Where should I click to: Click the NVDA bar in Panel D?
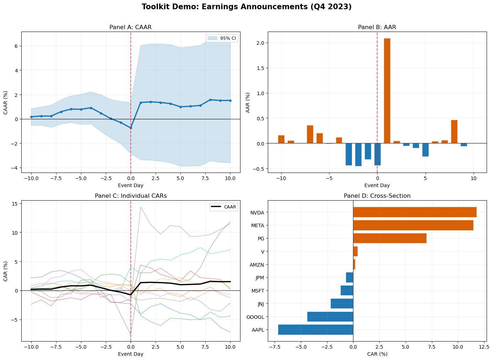415,212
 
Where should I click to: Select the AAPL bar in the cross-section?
315,329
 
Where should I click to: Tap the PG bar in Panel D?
390,238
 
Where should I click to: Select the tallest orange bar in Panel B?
387,91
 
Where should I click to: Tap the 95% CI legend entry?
222,38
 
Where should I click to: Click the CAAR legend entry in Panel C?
224,207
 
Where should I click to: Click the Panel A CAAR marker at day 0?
131,128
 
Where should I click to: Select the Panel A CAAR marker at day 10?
230,100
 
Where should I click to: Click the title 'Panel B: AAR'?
377,27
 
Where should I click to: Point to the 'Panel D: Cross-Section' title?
377,196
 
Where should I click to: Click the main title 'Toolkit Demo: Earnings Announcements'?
246,7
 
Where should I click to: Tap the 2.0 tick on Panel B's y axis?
260,43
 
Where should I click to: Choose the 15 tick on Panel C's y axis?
15,203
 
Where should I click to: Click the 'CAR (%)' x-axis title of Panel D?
377,354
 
